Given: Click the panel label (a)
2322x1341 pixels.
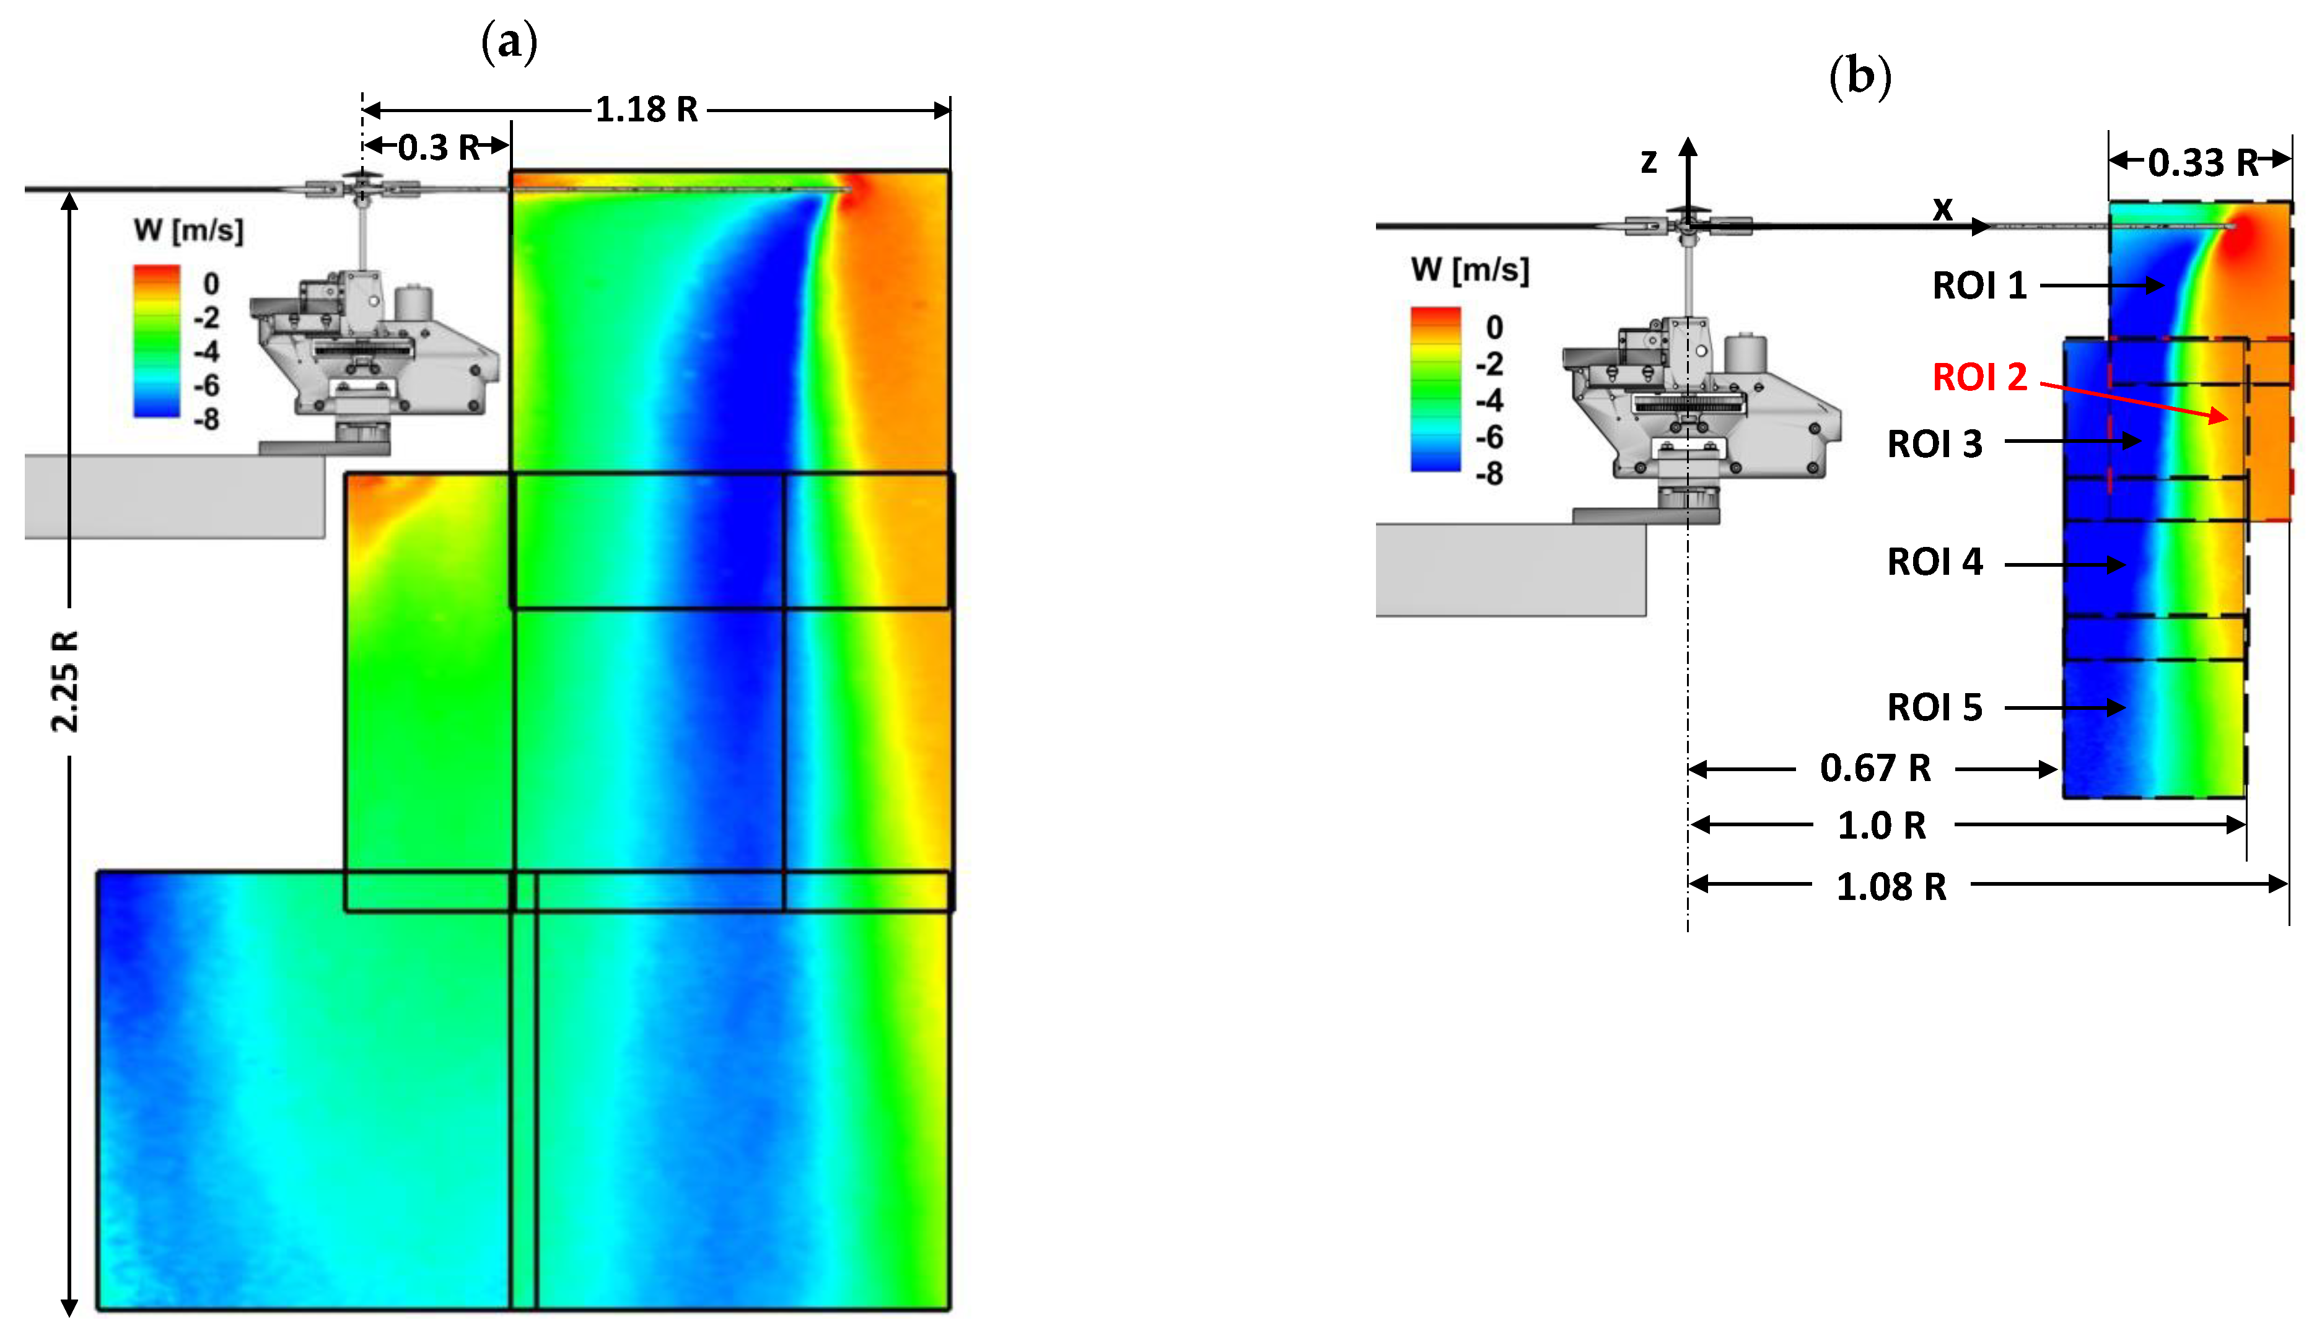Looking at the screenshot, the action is point(509,42).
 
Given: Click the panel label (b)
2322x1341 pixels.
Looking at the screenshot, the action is point(1860,76).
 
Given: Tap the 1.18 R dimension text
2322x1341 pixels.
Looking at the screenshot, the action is point(647,110).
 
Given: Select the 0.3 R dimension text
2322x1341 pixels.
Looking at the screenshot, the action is point(439,147).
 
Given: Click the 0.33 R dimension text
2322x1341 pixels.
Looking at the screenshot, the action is point(2203,163).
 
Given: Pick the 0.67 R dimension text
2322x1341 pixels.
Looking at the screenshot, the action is point(1875,768).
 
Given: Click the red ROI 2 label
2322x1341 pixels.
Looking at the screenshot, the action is point(1979,377).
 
